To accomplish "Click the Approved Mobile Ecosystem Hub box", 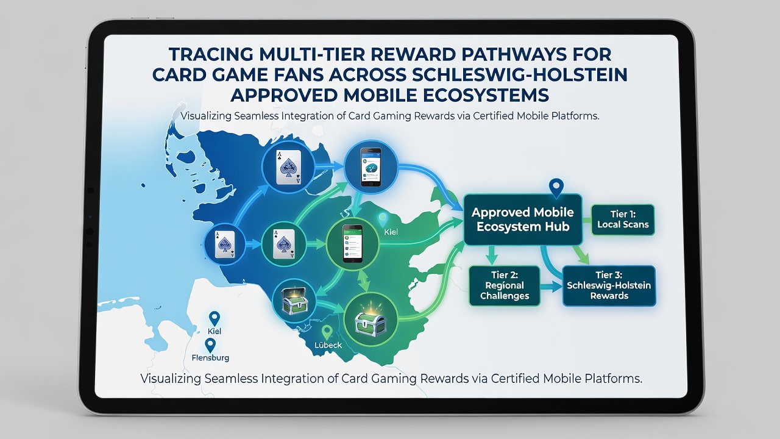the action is pos(523,220).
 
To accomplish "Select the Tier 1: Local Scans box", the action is pos(623,220).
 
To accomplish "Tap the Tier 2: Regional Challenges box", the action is pos(505,286).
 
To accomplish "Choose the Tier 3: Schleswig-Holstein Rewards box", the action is pos(609,286).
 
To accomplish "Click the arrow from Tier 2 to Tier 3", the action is pos(551,287).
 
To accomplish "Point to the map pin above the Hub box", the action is pos(556,188).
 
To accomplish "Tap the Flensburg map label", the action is pos(210,357).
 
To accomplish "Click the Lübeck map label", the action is pos(328,345).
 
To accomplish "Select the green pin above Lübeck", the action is pos(327,332).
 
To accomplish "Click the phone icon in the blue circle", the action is pos(370,167).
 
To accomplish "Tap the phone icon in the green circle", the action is pos(352,243).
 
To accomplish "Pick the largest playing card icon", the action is pos(288,167).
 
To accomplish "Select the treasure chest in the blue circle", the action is pos(294,301).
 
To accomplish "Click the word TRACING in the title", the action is pos(211,54).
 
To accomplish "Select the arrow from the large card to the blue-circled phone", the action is pos(329,166).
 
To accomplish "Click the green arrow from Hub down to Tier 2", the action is pos(491,255).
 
